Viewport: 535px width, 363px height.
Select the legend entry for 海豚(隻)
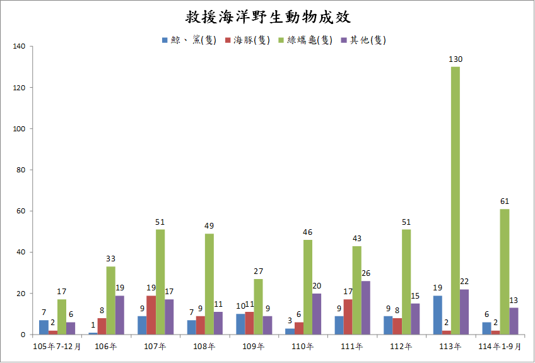pyautogui.click(x=248, y=40)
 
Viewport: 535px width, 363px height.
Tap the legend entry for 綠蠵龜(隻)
pyautogui.click(x=305, y=40)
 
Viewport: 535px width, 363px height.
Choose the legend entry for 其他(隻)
pyautogui.click(x=363, y=40)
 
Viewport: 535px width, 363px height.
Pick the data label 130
pyautogui.click(x=456, y=59)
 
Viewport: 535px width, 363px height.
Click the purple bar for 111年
pyautogui.click(x=366, y=307)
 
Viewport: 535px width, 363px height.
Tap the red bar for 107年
pyautogui.click(x=151, y=315)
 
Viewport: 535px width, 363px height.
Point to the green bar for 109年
pyautogui.click(x=259, y=307)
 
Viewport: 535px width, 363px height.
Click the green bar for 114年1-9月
pyautogui.click(x=505, y=271)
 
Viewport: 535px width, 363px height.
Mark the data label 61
pyautogui.click(x=505, y=201)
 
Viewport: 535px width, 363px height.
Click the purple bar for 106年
pyautogui.click(x=120, y=315)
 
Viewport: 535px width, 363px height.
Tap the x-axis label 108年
pyautogui.click(x=204, y=347)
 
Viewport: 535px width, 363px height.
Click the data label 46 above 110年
pyautogui.click(x=307, y=232)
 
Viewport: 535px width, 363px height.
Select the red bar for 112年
pyautogui.click(x=397, y=326)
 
